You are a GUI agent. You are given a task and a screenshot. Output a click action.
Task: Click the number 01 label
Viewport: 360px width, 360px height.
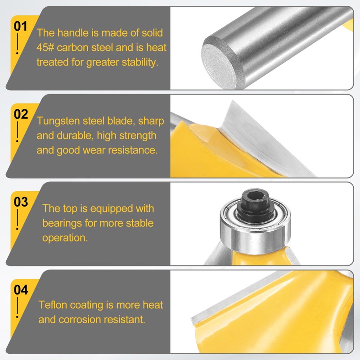click(x=21, y=26)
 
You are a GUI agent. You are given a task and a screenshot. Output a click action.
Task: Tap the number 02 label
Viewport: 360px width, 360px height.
click(x=21, y=114)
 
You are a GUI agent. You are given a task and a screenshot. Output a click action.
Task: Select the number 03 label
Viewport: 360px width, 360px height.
click(x=21, y=202)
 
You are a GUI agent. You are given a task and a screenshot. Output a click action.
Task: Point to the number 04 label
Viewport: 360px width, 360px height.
click(x=21, y=290)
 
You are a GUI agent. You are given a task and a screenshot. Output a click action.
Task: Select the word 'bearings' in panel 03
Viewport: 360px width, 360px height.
click(x=61, y=223)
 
